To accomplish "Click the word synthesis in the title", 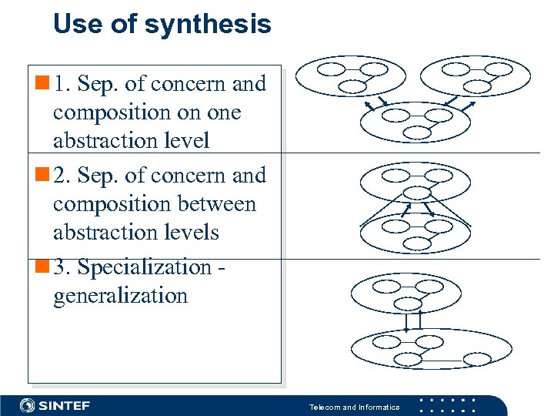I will (x=208, y=25).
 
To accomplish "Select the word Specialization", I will (x=145, y=267).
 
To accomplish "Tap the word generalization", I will (x=120, y=296).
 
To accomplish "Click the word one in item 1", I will (x=222, y=112).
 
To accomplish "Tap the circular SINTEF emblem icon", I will (x=28, y=405).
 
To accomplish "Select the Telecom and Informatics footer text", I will (x=354, y=407).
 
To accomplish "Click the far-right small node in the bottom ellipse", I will (x=479, y=358).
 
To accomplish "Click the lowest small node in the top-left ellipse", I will (x=351, y=86).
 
